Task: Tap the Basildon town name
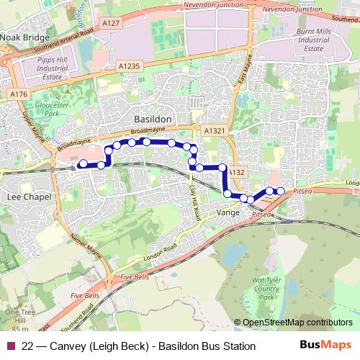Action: tap(153, 117)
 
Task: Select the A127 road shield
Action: tap(111, 24)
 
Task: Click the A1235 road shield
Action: tap(130, 66)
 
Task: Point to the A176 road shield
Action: tap(19, 94)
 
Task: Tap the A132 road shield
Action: tap(238, 172)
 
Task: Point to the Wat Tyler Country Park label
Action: tap(267, 284)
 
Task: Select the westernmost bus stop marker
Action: tap(83, 164)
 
